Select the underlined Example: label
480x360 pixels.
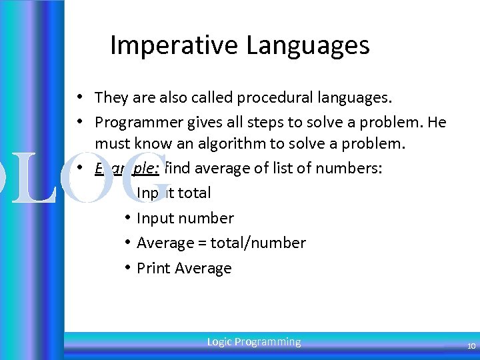pyautogui.click(x=127, y=168)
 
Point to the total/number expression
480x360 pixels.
pyautogui.click(x=258, y=243)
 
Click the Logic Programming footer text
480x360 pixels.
pyautogui.click(x=254, y=342)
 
